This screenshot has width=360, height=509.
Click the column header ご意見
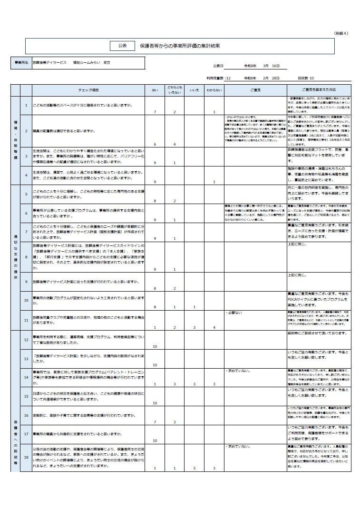(255, 89)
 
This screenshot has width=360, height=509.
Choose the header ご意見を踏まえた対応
(319, 89)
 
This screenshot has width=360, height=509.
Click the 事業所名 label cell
(21, 62)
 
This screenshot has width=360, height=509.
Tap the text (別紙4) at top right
(341, 33)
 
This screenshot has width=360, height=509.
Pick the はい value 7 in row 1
(155, 112)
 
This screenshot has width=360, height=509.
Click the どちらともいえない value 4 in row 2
(175, 144)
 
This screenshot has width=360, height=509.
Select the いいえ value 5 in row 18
(194, 469)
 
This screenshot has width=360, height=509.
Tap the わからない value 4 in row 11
(214, 328)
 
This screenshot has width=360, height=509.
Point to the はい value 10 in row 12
(155, 346)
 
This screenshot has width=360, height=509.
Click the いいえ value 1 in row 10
(194, 307)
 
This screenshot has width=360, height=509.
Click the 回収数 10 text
(305, 78)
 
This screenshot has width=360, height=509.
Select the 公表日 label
(218, 66)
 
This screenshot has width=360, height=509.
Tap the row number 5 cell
(27, 194)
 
